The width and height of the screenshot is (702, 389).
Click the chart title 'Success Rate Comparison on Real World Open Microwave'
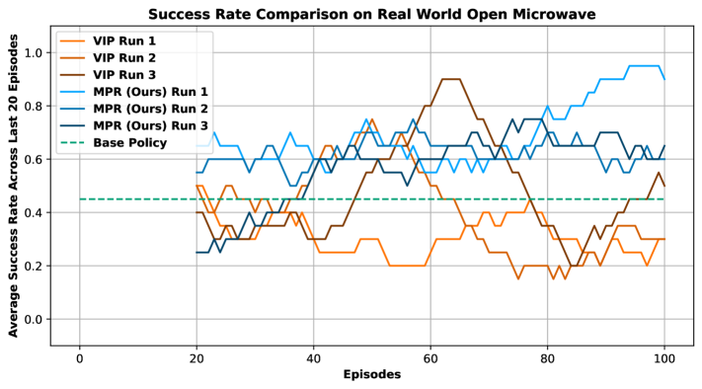(374, 14)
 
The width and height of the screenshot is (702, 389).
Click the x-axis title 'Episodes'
(371, 375)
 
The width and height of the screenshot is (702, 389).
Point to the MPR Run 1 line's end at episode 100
(663, 79)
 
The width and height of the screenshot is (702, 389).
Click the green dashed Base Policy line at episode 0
(80, 199)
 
